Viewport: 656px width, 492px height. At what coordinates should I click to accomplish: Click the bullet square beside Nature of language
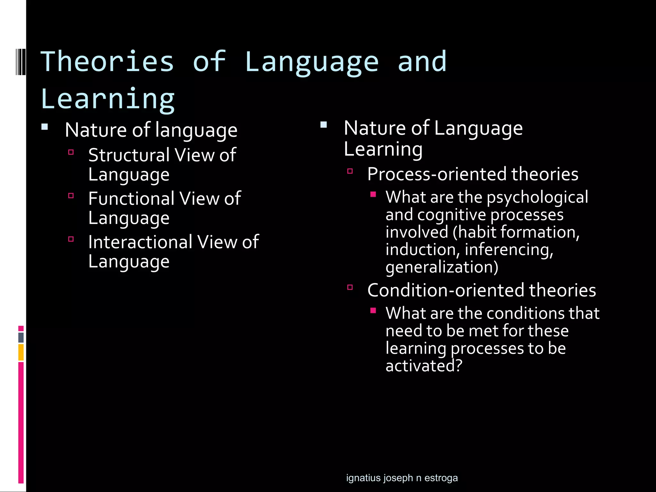click(45, 127)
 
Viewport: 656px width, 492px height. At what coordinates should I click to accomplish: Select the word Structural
click(129, 155)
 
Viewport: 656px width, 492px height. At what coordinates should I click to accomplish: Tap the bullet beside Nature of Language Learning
click(324, 125)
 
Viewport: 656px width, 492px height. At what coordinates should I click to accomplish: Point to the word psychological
click(537, 197)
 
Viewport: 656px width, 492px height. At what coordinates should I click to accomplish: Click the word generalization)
click(442, 267)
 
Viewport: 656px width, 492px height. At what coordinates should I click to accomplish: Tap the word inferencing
click(509, 250)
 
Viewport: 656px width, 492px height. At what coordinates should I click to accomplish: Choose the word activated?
click(424, 365)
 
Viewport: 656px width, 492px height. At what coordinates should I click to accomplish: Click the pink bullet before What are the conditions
click(373, 310)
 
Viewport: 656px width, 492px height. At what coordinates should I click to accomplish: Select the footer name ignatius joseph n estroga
click(402, 478)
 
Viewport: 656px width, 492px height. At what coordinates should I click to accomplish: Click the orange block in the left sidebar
click(21, 352)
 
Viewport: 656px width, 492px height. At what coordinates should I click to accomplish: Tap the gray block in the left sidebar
click(21, 337)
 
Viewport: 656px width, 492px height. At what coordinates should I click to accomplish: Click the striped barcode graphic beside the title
click(20, 61)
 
